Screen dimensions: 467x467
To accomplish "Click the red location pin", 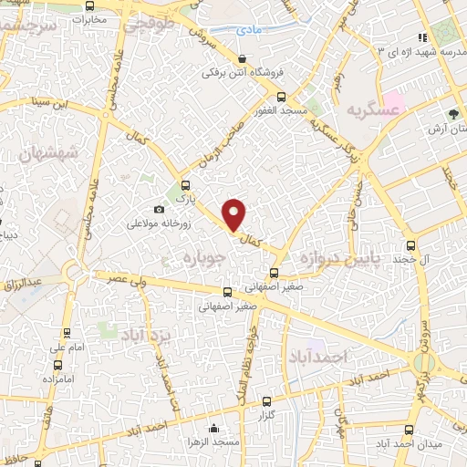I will (x=234, y=213).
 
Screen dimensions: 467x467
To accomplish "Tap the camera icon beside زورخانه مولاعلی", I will (x=160, y=210).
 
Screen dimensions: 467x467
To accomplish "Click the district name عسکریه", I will (x=373, y=110).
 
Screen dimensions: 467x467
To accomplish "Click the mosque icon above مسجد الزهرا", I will (x=213, y=428).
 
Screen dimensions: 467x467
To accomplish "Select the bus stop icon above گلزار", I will (x=266, y=400).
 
